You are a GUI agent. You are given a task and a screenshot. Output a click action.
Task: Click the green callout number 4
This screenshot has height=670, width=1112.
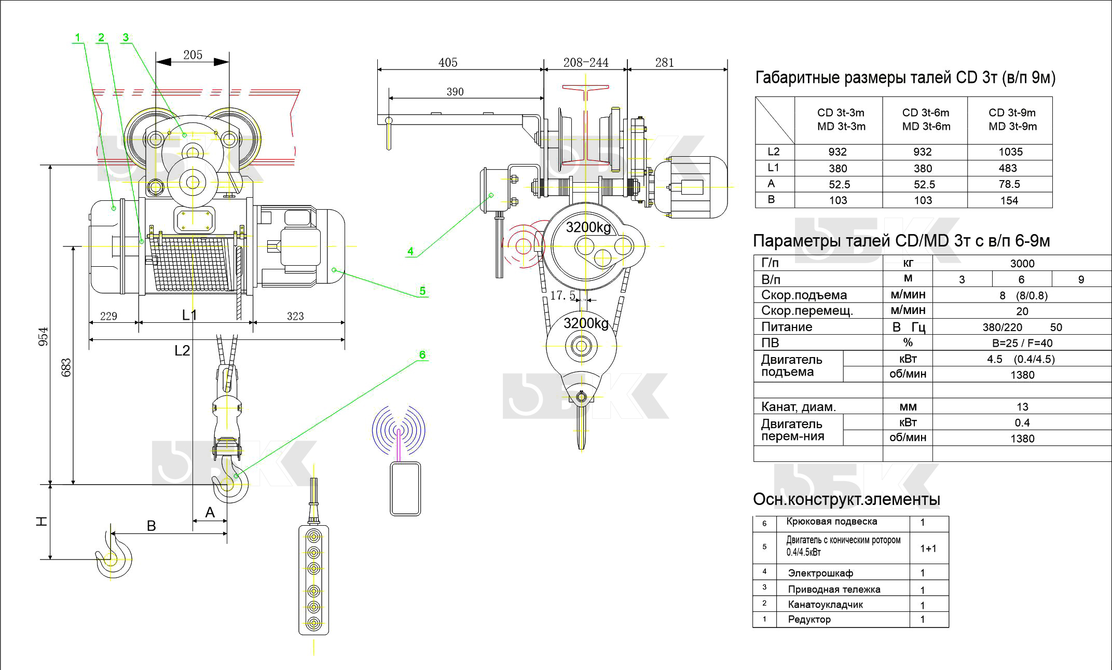pos(410,252)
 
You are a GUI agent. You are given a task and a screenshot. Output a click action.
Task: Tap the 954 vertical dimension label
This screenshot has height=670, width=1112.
pos(44,336)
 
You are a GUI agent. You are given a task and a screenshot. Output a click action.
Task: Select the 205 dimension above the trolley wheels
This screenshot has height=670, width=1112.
pos(193,55)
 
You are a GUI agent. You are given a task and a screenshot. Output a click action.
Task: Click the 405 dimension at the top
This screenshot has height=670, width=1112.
pos(448,63)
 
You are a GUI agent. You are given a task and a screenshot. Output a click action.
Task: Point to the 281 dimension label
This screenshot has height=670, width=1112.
pos(664,63)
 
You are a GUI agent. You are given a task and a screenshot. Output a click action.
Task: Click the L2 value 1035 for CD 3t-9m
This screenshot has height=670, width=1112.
pos(1010,152)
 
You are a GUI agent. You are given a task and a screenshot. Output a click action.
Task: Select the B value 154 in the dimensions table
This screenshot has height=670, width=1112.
pos(1009,200)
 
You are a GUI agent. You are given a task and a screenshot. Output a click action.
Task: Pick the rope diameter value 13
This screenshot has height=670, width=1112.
pos(1022,407)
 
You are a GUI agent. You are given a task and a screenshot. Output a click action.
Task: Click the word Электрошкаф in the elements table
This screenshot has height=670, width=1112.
pos(820,573)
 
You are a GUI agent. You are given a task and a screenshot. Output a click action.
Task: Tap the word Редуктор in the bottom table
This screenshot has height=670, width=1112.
pos(809,619)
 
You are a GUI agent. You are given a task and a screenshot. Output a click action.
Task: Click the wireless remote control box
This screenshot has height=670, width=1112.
pos(405,488)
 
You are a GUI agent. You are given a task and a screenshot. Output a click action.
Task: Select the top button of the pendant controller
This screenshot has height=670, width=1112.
pos(313,535)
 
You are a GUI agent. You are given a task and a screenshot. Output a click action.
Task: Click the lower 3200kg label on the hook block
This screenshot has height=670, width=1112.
pos(586,323)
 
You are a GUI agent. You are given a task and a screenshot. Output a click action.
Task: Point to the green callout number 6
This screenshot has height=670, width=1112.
pos(422,354)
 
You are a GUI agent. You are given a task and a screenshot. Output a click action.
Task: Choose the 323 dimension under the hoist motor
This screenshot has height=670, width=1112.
pos(295,316)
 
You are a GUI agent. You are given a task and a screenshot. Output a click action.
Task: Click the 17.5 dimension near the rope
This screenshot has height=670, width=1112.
pos(562,295)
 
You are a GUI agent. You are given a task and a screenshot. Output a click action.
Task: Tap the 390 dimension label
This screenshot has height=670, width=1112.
pos(455,92)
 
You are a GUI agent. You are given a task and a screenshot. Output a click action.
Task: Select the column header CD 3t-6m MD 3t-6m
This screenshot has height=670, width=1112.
pos(926,119)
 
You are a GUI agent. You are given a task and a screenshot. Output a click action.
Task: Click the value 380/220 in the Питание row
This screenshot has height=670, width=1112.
pos(1002,327)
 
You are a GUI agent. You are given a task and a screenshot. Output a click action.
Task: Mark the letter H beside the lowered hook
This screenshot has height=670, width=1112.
pos(42,522)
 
